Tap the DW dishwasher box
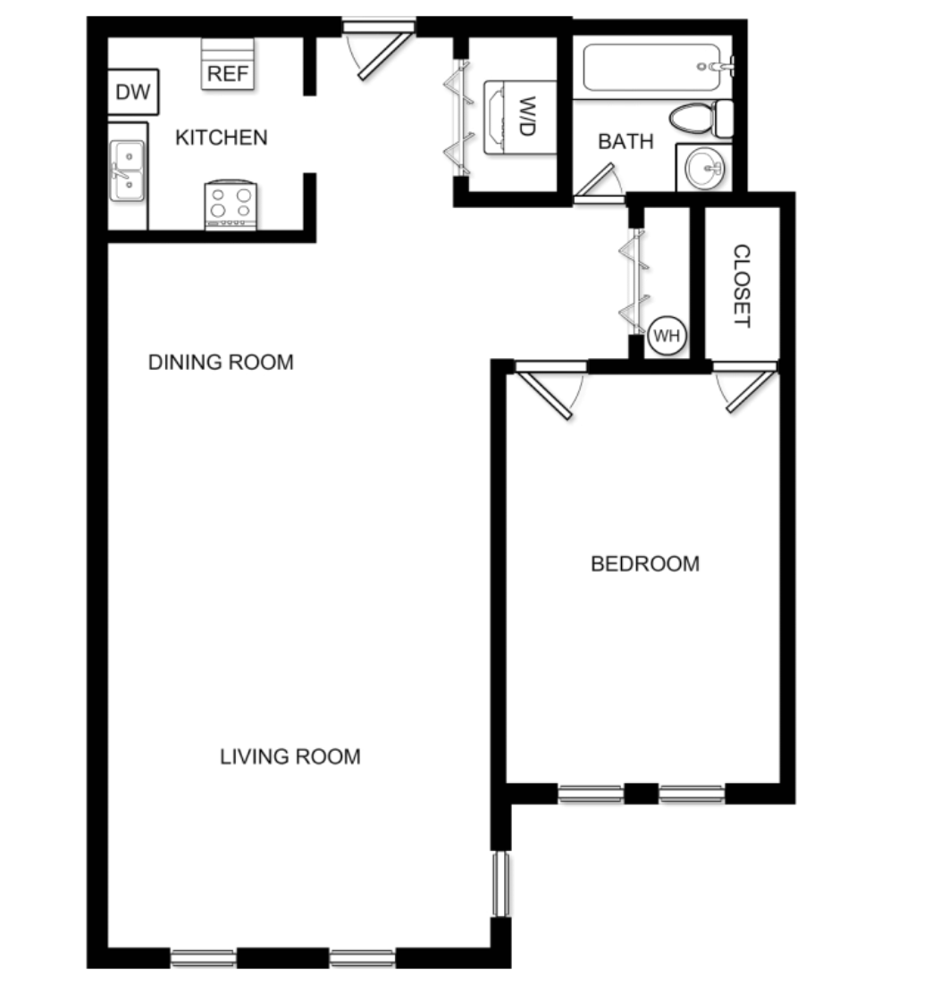pos(134,92)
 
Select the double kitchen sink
pos(127,171)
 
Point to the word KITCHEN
pos(221,138)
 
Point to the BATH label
pos(626,141)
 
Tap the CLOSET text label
pos(741,286)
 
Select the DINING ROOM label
pos(221,363)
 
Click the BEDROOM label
pos(645,563)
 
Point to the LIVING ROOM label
pos(290,756)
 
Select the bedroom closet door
pos(747,389)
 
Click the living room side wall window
pos(501,884)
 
